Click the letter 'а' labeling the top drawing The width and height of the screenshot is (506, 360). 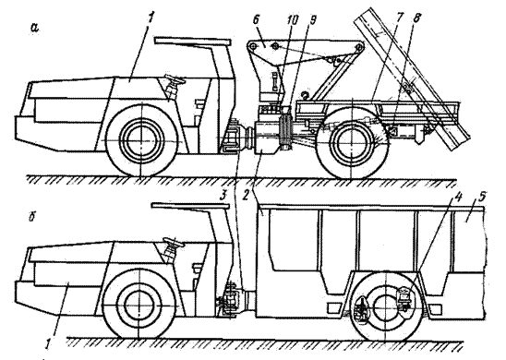34,28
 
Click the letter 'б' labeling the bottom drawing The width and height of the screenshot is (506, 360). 32,218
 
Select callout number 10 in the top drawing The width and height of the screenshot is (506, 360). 293,19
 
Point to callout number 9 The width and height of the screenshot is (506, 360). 312,19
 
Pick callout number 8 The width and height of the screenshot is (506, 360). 416,18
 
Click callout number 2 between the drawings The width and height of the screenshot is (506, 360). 247,197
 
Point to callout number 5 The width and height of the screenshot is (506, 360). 482,197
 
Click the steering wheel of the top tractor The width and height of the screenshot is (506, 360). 174,79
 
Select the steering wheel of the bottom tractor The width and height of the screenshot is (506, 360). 174,241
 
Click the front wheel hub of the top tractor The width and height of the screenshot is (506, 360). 141,139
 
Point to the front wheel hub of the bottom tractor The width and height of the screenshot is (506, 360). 138,306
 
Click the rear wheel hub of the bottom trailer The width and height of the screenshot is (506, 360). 385,306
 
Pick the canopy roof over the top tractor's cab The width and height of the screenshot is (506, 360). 193,42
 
